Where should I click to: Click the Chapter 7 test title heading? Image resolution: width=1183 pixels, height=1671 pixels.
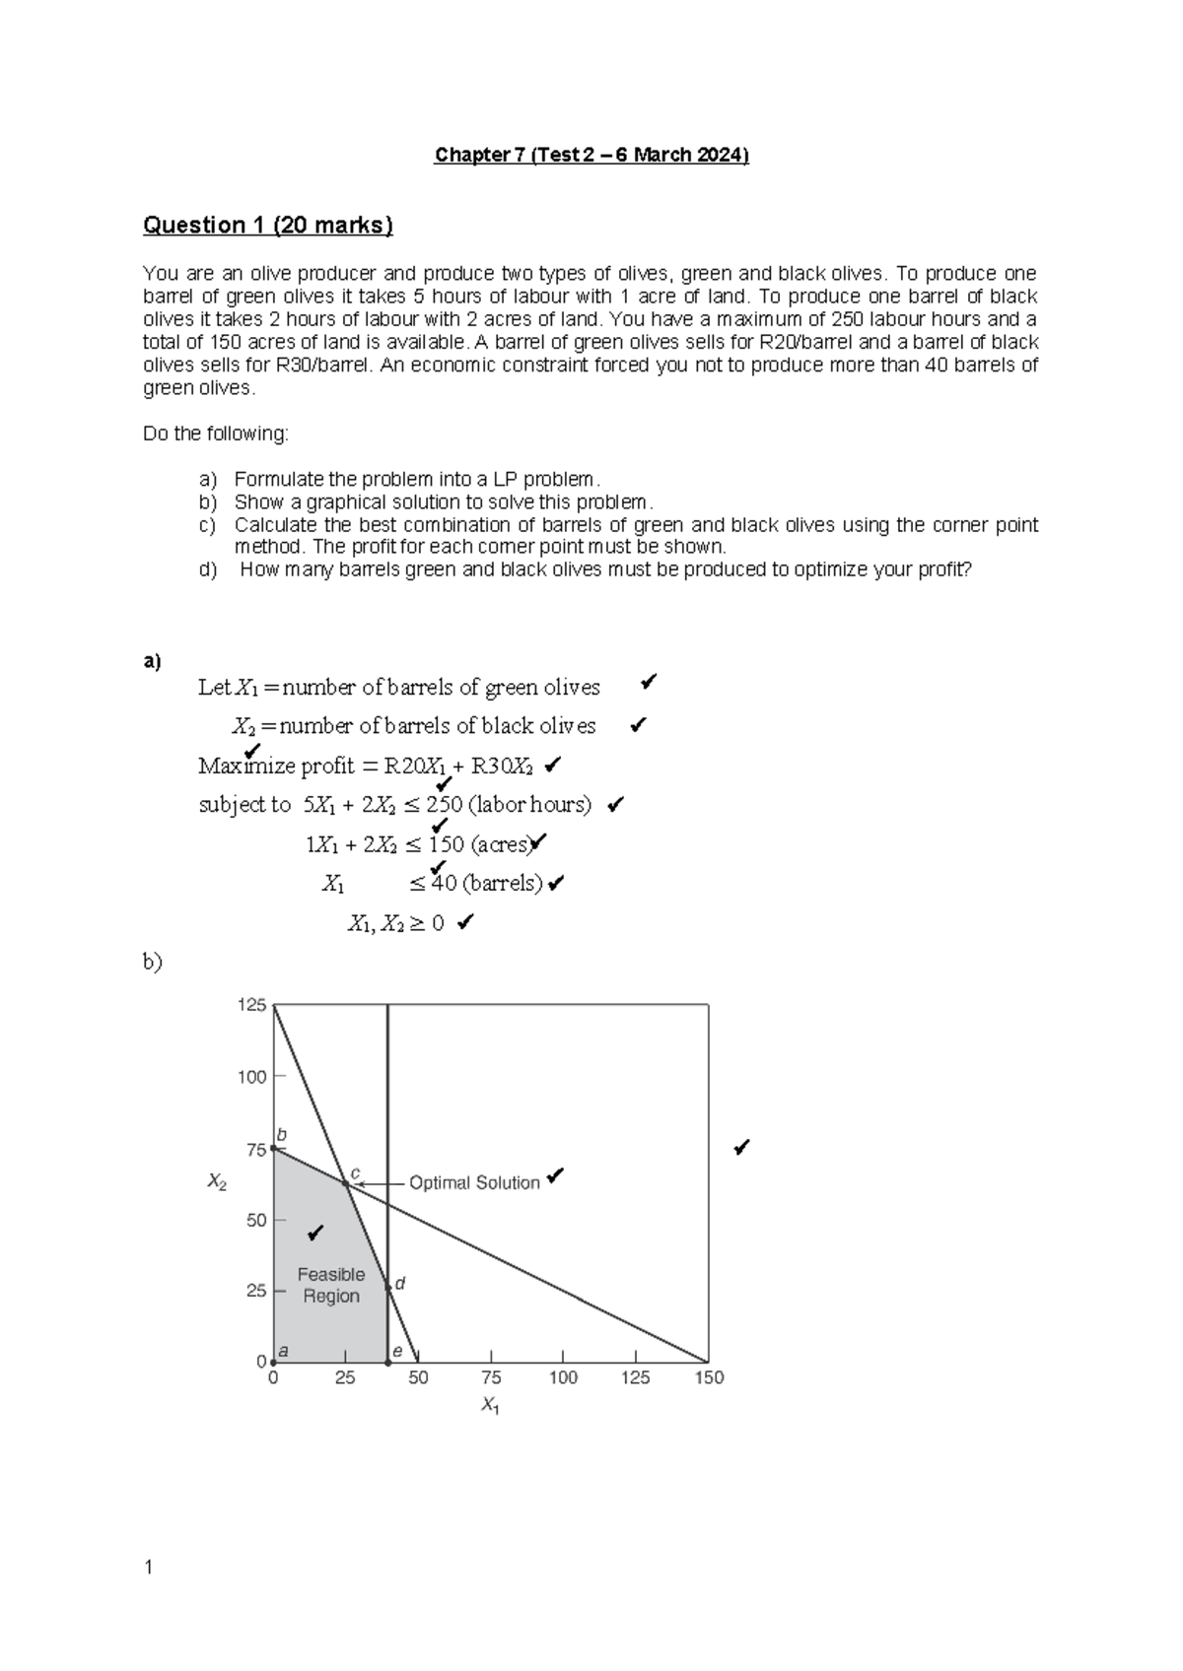coord(591,156)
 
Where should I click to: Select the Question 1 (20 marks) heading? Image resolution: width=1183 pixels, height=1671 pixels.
coord(268,226)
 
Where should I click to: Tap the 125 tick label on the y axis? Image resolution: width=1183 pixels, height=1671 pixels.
coord(251,1005)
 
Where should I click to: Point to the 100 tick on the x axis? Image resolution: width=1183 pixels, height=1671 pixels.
coord(563,1377)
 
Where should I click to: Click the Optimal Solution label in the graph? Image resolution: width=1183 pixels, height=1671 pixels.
coord(474,1182)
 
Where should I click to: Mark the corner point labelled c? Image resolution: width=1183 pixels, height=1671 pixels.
coord(347,1182)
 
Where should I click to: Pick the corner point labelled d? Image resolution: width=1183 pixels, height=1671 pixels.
coord(387,1287)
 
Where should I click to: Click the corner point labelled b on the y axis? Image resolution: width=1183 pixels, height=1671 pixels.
coord(273,1149)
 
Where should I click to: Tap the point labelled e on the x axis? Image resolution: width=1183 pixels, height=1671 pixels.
coord(387,1363)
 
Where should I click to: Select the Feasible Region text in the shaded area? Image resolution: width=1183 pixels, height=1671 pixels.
coord(331,1285)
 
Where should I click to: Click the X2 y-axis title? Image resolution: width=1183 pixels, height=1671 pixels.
coord(217,1182)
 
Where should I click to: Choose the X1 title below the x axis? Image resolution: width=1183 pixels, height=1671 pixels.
coord(490,1406)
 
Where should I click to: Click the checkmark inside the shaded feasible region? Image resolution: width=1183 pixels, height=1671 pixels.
coord(315,1233)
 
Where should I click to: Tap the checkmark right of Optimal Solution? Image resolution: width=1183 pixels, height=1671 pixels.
coord(556,1175)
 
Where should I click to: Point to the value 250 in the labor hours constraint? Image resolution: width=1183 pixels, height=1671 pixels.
coord(444,805)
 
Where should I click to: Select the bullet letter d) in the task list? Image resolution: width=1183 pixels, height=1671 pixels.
coord(207,569)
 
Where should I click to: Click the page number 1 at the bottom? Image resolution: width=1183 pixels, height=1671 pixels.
coord(149,1568)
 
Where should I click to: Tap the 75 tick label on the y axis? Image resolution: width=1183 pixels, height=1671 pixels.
coord(255,1150)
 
